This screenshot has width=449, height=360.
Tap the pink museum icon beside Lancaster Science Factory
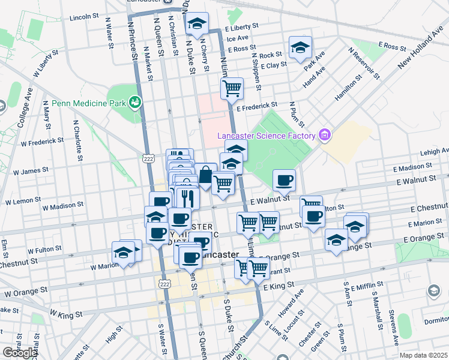coord(325,135)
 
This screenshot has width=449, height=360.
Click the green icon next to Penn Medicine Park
coord(136,103)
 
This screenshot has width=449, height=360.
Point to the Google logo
coord(19,353)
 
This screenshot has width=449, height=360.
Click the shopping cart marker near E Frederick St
coord(232,89)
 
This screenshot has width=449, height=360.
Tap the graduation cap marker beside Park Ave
coord(300,47)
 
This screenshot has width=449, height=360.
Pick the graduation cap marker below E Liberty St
coord(197,23)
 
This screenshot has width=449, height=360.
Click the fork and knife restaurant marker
coord(188,197)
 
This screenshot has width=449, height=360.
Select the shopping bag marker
coord(205,176)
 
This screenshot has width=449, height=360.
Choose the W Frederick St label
coord(42,142)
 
